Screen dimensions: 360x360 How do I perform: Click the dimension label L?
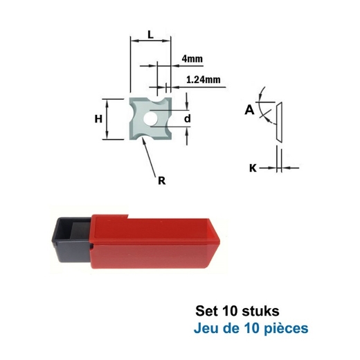(150, 33)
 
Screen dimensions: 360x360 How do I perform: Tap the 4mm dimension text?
(192, 59)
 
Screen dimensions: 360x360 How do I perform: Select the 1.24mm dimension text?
(204, 80)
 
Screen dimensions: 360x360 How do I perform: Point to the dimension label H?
(99, 119)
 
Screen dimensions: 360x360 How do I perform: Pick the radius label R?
(161, 181)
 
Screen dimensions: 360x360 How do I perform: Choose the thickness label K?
(253, 167)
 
